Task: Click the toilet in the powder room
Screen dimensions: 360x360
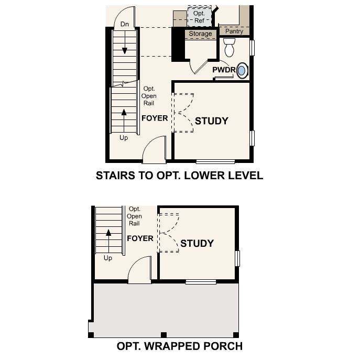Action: (229, 48)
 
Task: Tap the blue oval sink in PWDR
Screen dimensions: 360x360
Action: (242, 71)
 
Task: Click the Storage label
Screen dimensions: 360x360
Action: (200, 34)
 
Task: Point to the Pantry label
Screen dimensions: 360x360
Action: (234, 31)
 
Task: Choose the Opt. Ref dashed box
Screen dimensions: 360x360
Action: (200, 17)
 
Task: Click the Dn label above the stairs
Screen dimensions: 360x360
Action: (125, 24)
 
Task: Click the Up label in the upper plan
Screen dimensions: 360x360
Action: (124, 138)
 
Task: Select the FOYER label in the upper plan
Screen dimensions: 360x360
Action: (155, 118)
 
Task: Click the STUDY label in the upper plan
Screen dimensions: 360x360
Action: (212, 121)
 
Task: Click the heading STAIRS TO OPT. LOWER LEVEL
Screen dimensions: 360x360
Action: (179, 176)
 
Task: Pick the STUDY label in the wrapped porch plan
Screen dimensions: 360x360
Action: (197, 244)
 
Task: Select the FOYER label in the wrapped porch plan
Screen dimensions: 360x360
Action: (140, 238)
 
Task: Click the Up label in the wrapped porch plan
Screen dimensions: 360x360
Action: (108, 258)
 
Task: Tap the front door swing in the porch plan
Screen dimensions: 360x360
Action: (140, 273)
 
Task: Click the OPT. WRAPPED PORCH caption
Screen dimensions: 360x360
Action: (179, 346)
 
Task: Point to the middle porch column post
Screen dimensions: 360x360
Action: (163, 335)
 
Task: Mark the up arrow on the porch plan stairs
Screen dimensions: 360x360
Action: (108, 239)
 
